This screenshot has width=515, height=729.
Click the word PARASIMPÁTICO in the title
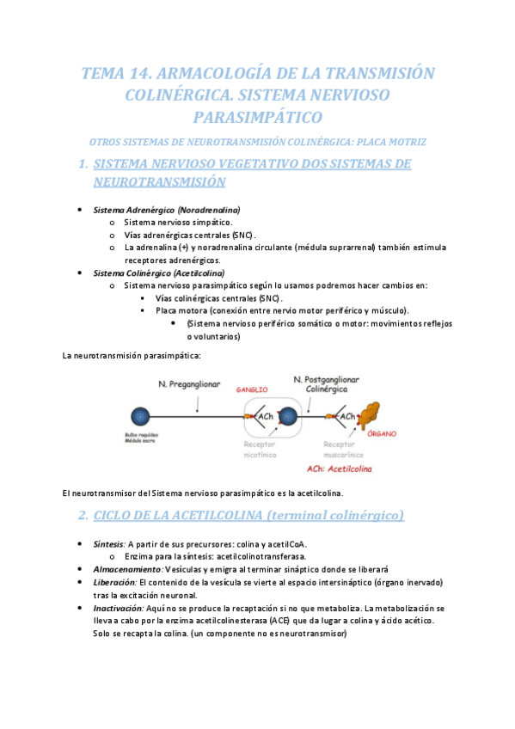pyautogui.click(x=258, y=116)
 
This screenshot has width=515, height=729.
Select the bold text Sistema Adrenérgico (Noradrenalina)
pyautogui.click(x=166, y=210)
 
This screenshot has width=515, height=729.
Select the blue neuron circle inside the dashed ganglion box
pyautogui.click(x=287, y=417)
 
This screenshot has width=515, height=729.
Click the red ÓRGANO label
pyautogui.click(x=382, y=435)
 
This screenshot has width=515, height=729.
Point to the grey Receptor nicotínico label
pyautogui.click(x=259, y=449)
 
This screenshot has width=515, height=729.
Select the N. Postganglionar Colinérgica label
pyautogui.click(x=326, y=383)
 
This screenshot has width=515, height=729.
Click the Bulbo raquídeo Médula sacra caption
pyautogui.click(x=140, y=438)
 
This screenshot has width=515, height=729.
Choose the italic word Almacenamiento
pyautogui.click(x=127, y=569)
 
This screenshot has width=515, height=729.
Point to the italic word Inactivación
pyautogui.click(x=119, y=607)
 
